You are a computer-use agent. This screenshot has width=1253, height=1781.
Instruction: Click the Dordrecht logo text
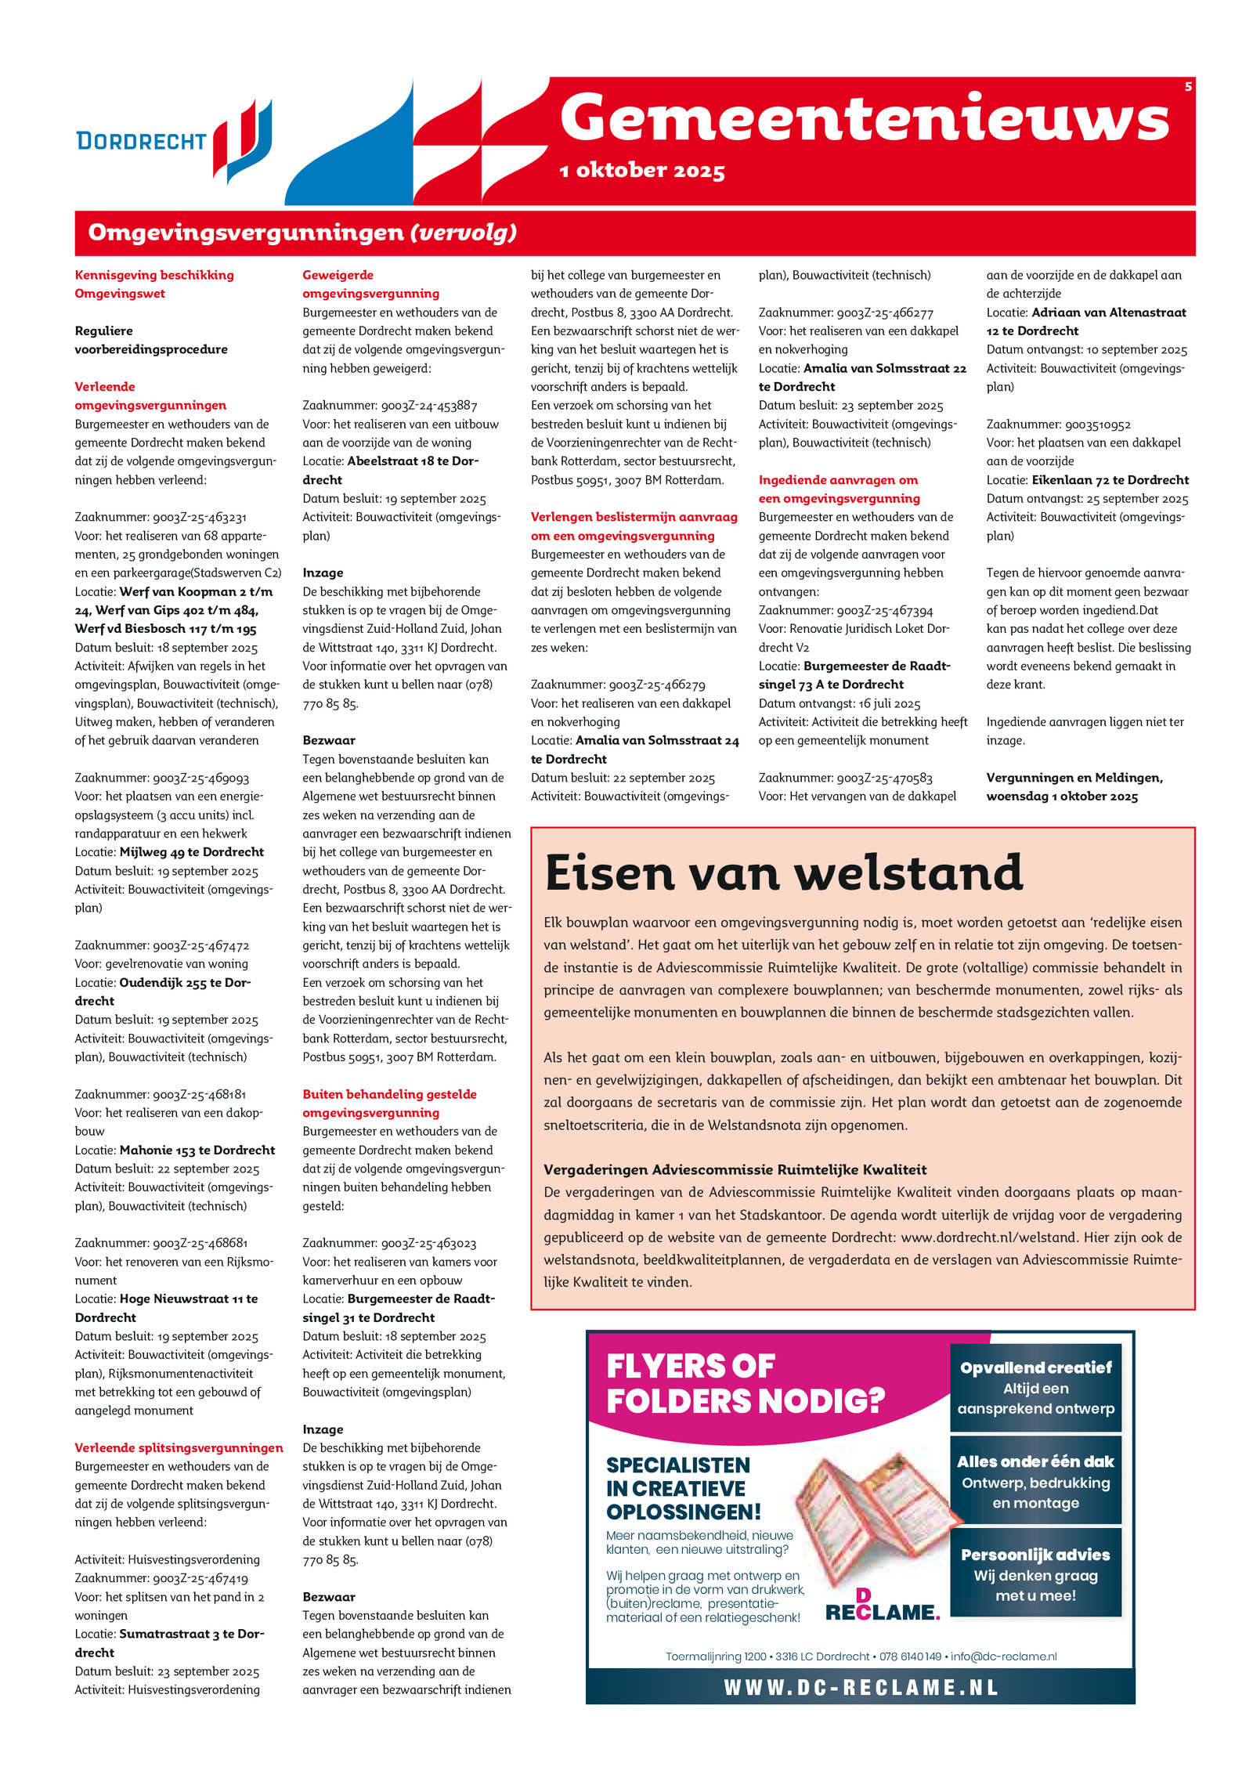141,141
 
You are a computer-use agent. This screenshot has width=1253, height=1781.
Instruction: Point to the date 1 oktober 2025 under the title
642,171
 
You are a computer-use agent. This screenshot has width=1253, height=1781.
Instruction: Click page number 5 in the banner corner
1188,87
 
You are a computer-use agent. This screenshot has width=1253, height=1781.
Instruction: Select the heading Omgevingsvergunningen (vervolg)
302,233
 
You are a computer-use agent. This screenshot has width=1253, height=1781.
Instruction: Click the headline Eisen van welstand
783,872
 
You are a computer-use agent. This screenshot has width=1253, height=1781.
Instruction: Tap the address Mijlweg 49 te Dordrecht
191,852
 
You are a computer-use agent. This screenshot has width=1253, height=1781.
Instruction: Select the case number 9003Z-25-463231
200,517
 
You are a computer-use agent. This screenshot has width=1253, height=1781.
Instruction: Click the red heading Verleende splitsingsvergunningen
179,1448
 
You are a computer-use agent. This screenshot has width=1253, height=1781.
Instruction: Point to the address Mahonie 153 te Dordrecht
197,1150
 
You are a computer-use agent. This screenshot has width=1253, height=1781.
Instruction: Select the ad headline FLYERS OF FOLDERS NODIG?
744,1384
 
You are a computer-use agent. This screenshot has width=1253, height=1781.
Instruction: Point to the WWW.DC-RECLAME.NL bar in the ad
860,1687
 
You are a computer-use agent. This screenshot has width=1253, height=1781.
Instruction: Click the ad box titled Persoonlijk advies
1035,1574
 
